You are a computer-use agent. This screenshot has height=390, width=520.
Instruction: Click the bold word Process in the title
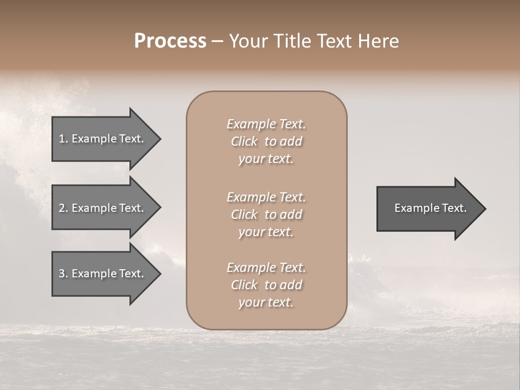pos(170,41)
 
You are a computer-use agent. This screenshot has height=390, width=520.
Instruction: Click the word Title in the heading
pos(292,41)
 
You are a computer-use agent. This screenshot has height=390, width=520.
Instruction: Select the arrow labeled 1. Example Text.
pos(103,139)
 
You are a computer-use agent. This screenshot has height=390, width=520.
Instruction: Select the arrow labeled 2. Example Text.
pos(103,208)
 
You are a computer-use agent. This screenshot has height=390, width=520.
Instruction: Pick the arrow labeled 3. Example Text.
pos(103,274)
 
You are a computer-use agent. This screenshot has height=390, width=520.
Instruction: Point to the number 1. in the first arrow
pos(63,139)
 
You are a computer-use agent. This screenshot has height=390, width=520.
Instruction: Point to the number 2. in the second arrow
pos(63,208)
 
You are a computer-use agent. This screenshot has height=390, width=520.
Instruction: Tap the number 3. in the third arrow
pos(63,274)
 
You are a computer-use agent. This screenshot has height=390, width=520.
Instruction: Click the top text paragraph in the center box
pos(266,141)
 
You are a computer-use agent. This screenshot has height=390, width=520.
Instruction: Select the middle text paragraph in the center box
pos(266,214)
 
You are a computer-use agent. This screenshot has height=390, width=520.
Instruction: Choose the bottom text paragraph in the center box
pos(266,285)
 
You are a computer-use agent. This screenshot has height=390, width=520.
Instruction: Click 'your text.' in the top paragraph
pos(266,159)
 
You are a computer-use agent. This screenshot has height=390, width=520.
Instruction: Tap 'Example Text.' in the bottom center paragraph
pos(266,268)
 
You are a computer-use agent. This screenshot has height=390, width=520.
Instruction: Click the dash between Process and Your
pos(217,41)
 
